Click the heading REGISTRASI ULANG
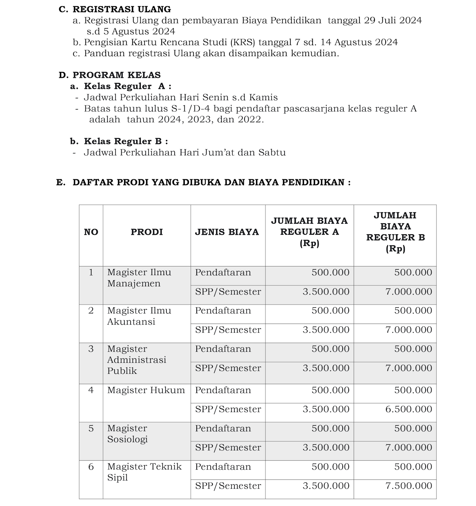tap(121, 9)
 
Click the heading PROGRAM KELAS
tap(116, 75)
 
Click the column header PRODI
tap(147, 232)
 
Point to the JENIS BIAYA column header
tap(227, 232)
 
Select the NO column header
tap(91, 232)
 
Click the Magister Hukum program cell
tap(146, 390)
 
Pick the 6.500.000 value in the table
tap(409, 409)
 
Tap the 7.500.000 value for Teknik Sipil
tap(409, 486)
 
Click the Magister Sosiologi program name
tap(127, 434)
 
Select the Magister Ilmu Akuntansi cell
tap(139, 316)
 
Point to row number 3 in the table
tap(91, 349)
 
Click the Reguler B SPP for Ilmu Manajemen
tap(409, 291)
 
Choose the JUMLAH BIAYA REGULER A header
tap(309, 232)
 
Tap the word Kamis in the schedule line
tap(264, 98)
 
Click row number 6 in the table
tap(91, 467)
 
